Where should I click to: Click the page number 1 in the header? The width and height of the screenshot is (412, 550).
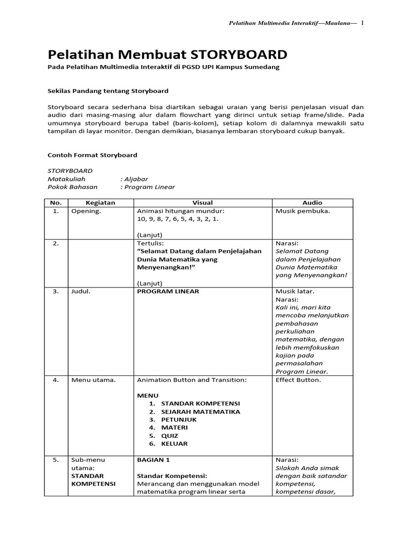click(x=362, y=23)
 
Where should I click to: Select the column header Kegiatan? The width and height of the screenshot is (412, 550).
click(x=100, y=202)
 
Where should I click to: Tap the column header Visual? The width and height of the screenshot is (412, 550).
click(x=203, y=202)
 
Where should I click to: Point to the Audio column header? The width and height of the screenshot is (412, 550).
click(x=312, y=202)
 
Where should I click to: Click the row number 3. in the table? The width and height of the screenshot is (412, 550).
click(x=55, y=292)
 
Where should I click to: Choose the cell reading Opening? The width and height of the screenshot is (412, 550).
click(x=86, y=211)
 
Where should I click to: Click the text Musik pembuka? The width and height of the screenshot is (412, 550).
click(x=303, y=211)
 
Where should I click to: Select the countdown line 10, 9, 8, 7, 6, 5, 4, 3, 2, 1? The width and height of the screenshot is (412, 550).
click(x=178, y=219)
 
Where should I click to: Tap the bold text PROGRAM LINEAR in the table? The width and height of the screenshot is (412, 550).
click(x=168, y=292)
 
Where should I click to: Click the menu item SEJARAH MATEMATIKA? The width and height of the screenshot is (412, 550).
click(x=201, y=412)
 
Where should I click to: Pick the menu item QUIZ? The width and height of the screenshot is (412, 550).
click(x=170, y=436)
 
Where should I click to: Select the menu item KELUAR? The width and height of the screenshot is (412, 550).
click(x=174, y=444)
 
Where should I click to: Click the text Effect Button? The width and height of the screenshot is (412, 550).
click(x=298, y=380)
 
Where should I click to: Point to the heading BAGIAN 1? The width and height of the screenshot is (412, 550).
click(x=153, y=460)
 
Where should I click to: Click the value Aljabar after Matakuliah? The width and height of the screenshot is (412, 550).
click(x=136, y=179)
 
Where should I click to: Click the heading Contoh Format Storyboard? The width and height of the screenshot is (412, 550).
click(x=92, y=155)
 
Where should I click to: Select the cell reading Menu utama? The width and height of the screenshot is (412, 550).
click(x=93, y=380)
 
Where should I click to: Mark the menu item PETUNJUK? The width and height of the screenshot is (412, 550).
click(x=179, y=420)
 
